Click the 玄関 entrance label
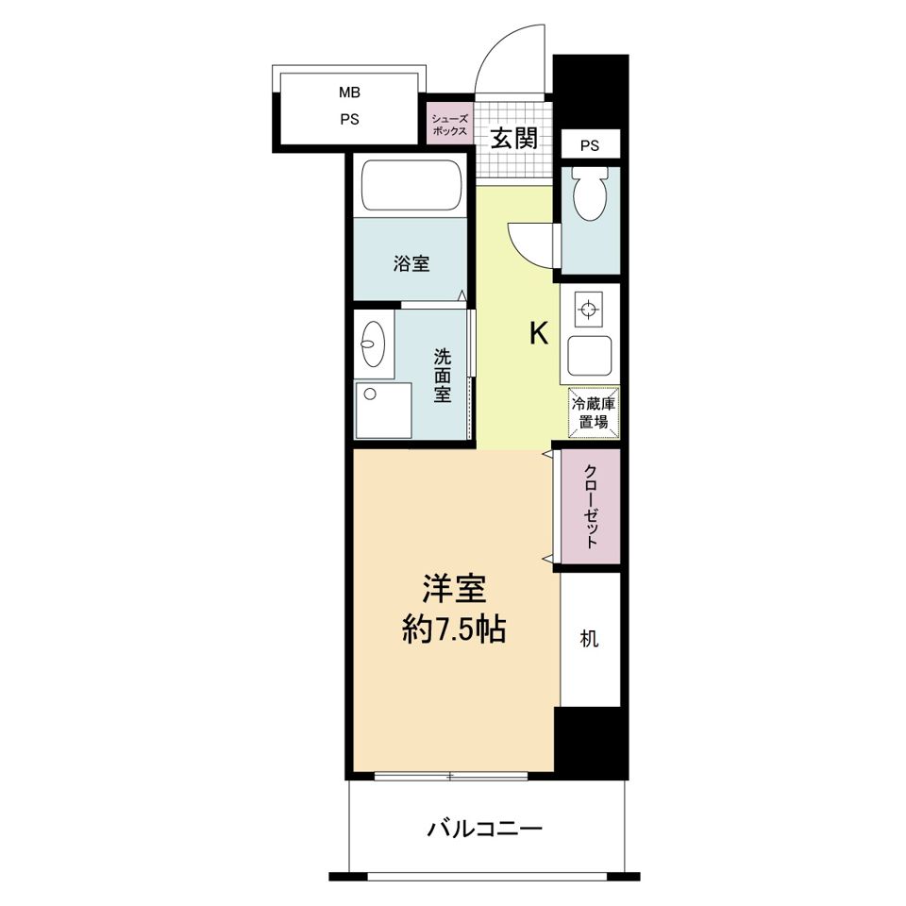(x=514, y=140)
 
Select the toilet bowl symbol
(x=590, y=196)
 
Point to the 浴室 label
(x=411, y=263)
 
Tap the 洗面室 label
(x=442, y=376)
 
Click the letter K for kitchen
(x=538, y=334)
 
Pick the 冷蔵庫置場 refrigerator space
(x=593, y=413)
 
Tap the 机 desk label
(x=590, y=639)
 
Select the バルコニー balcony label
(x=484, y=830)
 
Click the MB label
(x=350, y=92)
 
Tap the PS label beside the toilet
(x=590, y=145)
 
